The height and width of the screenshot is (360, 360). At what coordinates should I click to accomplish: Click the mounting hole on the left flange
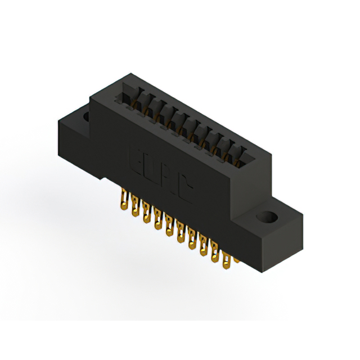coord(87,116)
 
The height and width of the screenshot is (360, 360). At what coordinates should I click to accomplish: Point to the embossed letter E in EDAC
coord(137,159)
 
